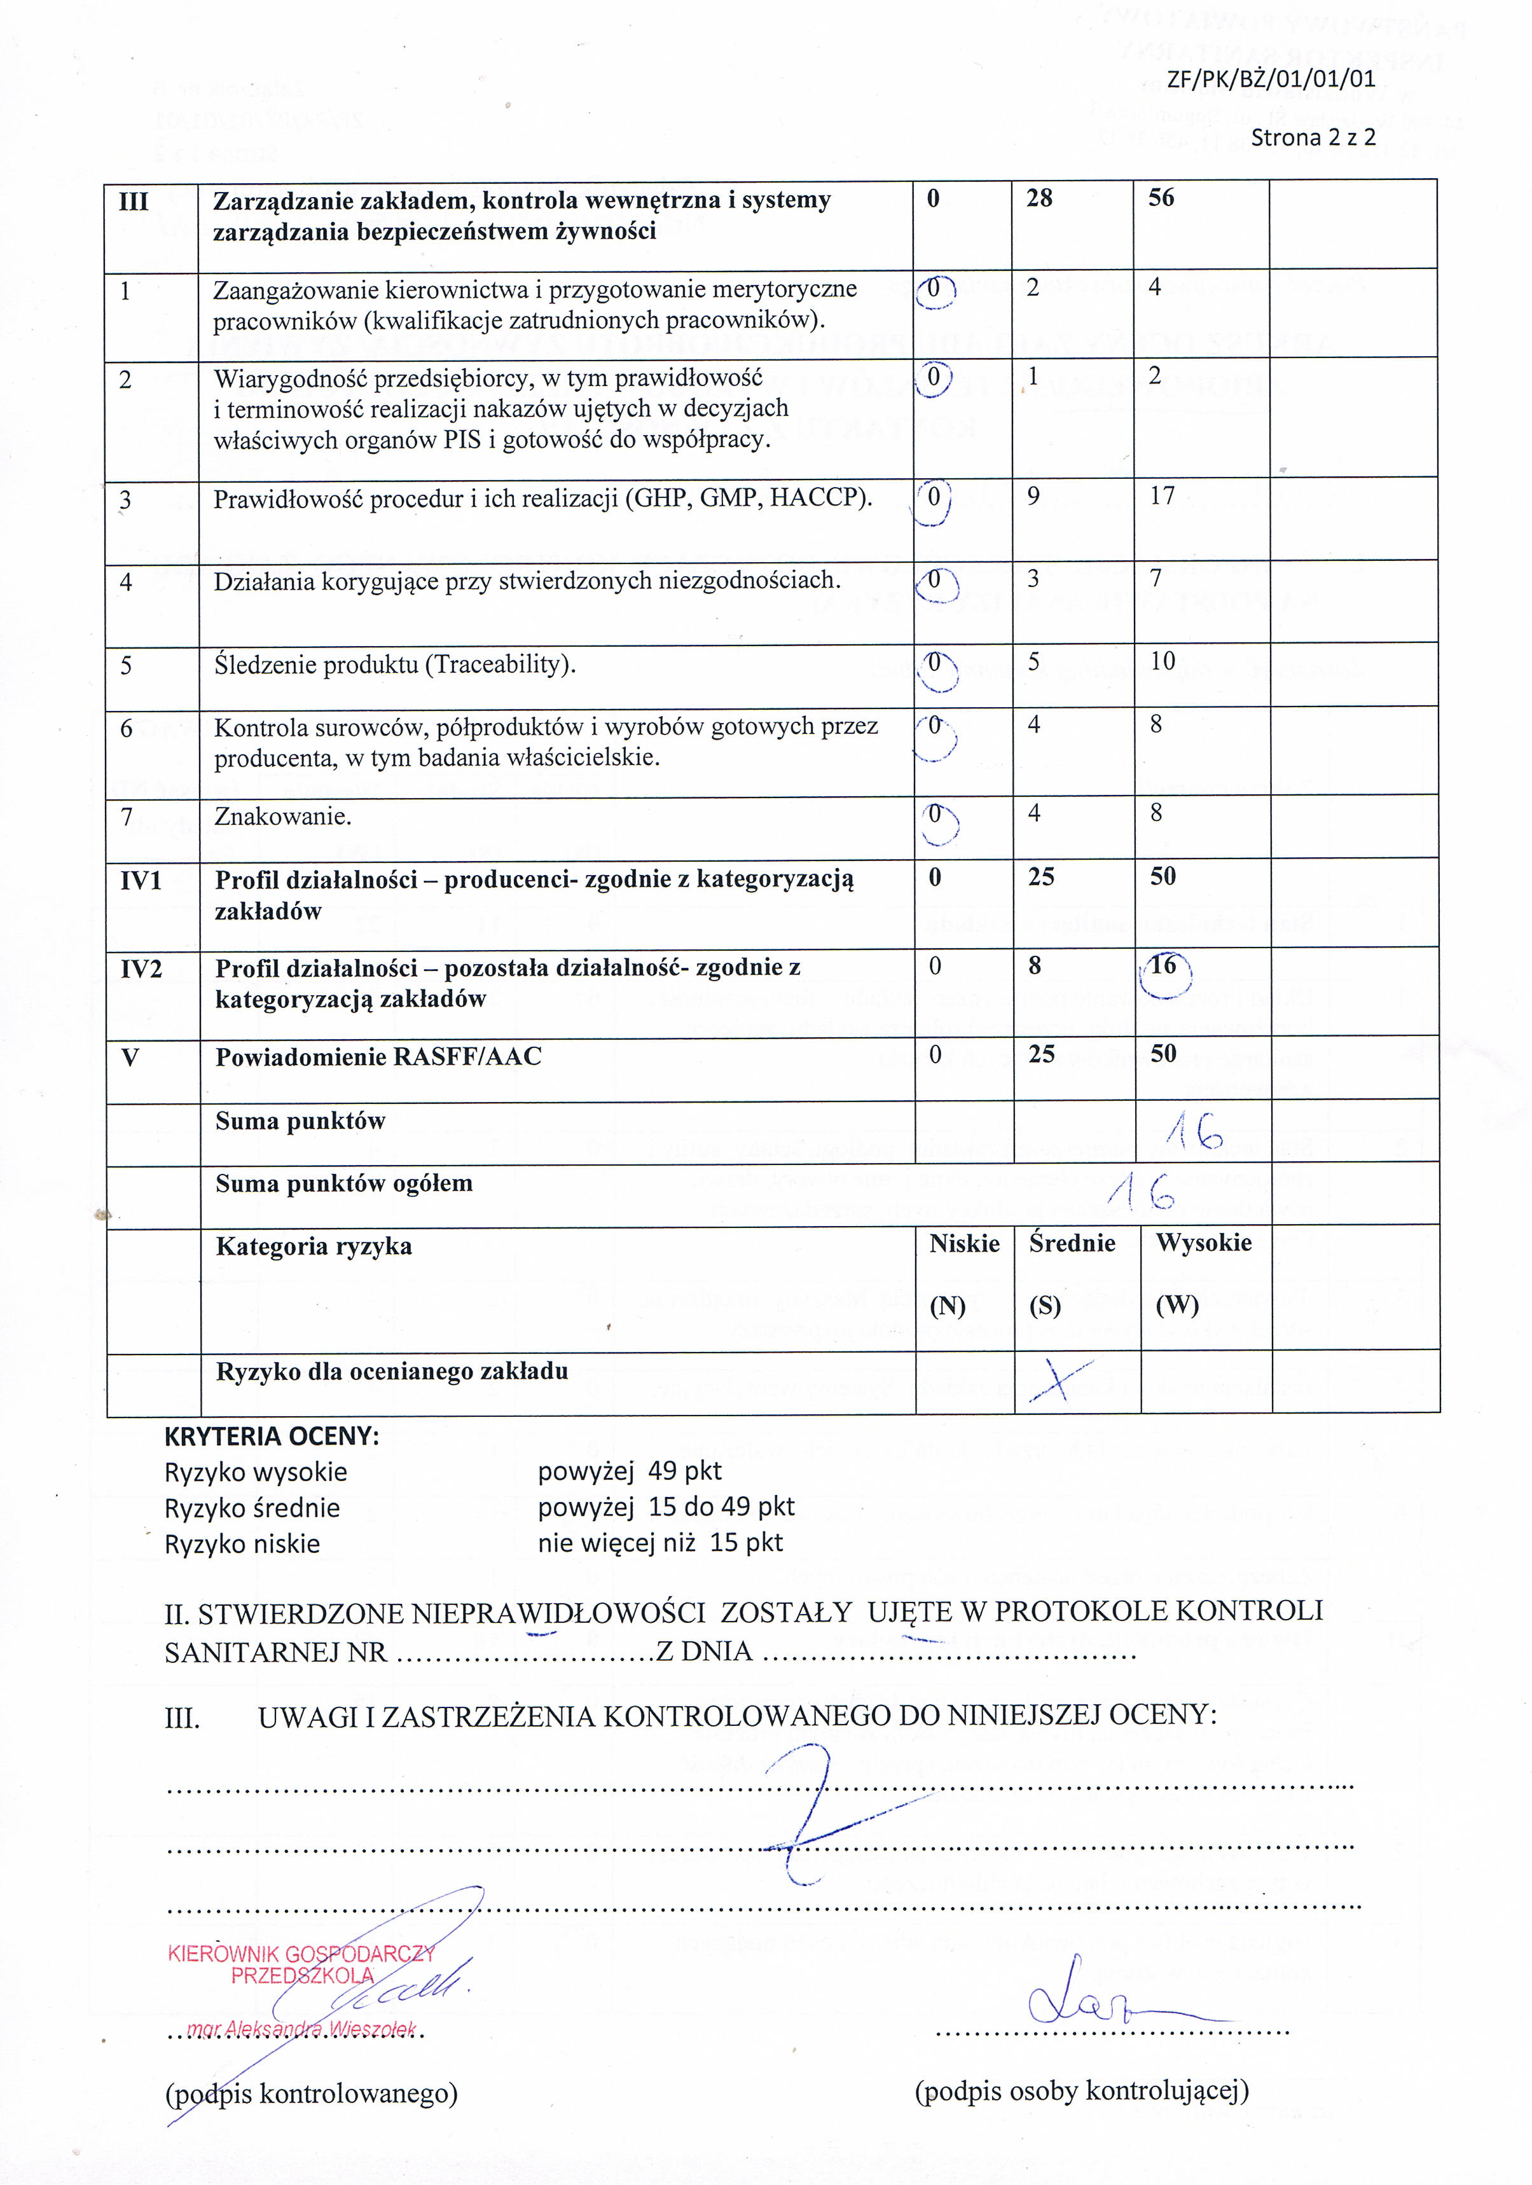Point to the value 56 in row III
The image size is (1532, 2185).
(1161, 198)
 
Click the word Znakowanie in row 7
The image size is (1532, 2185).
(282, 817)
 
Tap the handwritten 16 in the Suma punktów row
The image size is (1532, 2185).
(1194, 1131)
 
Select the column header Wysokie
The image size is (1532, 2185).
(1204, 1243)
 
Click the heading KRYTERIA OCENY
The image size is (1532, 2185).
(271, 1436)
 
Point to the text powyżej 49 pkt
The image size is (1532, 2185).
(629, 1472)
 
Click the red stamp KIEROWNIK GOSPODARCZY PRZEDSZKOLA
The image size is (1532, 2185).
(301, 1964)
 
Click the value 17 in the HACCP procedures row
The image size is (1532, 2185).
(1162, 496)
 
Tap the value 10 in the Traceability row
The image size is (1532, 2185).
(1162, 661)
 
